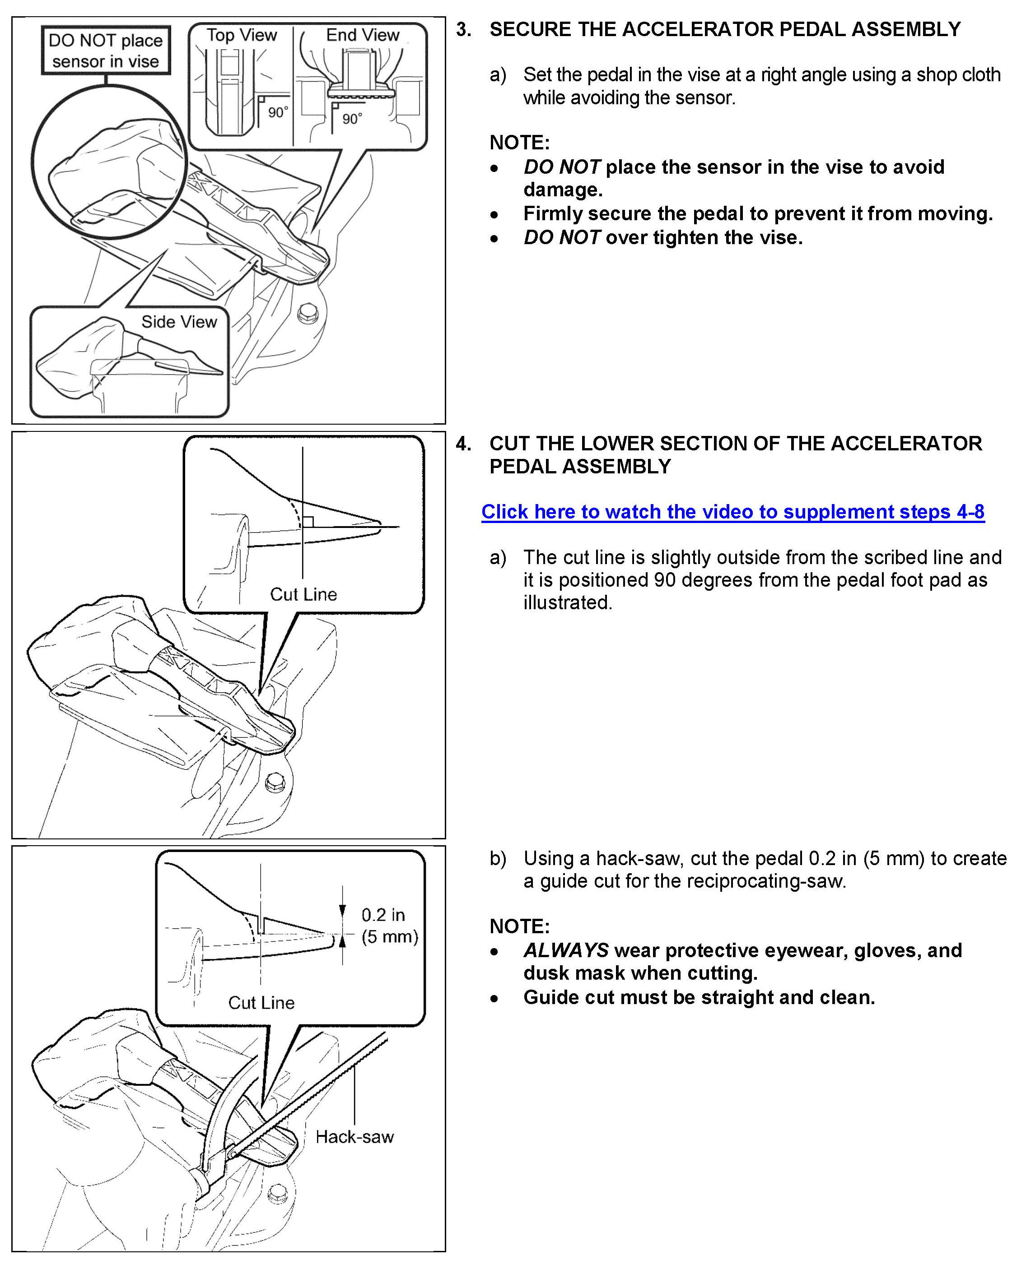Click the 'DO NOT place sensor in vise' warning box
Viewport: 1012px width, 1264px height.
coord(106,51)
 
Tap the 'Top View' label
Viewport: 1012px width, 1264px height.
coord(241,35)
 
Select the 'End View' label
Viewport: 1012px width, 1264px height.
coord(362,35)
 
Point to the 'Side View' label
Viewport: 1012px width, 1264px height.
coord(179,322)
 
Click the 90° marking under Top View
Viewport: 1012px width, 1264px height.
coord(277,112)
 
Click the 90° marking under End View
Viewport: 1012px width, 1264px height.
coord(352,119)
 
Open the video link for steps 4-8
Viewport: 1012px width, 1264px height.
coord(733,512)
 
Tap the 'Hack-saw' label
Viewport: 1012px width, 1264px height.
coord(354,1137)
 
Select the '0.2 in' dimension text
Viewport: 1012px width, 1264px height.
coord(382,915)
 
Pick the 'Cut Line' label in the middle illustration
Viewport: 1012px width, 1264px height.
coord(303,594)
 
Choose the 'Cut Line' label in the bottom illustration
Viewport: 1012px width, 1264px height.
coord(261,1003)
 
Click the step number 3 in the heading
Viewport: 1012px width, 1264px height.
coord(463,29)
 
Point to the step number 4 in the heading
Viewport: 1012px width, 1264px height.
coord(463,443)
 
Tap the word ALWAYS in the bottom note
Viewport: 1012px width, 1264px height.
coord(565,950)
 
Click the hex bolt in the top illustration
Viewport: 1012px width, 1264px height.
coord(308,314)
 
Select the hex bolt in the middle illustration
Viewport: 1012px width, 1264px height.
coord(275,782)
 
